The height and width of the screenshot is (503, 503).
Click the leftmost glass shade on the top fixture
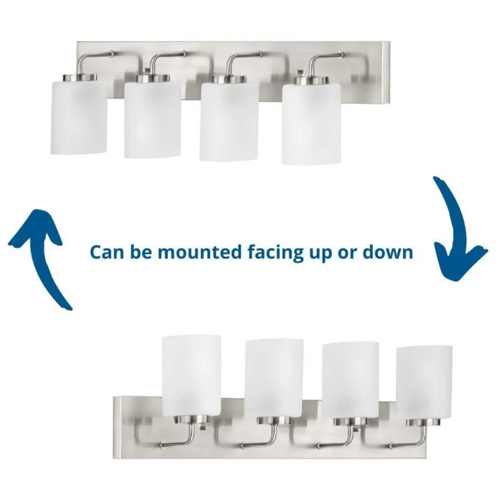pyautogui.click(x=79, y=117)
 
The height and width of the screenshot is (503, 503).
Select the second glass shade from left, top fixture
pyautogui.click(x=153, y=119)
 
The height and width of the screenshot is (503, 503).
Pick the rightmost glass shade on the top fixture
pyautogui.click(x=312, y=124)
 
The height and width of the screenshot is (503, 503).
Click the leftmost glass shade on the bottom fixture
pyautogui.click(x=192, y=376)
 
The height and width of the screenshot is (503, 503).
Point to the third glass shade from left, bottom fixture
pyautogui.click(x=351, y=380)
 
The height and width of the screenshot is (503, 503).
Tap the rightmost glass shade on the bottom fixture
pyautogui.click(x=425, y=382)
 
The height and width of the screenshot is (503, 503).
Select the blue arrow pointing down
pyautogui.click(x=457, y=231)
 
